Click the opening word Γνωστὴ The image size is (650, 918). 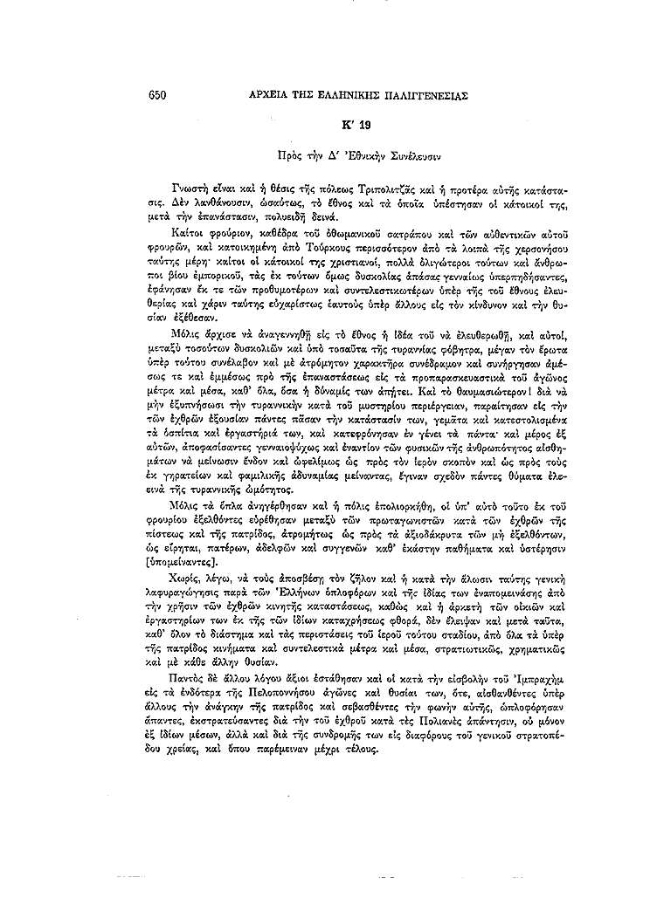191,188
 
